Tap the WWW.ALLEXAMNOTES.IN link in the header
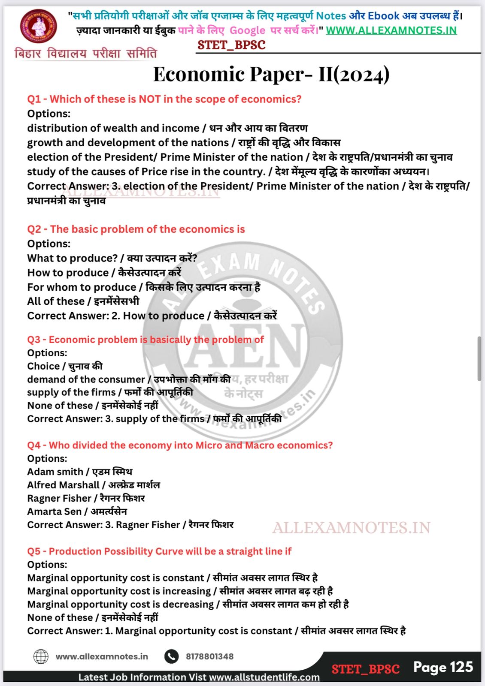tap(391, 30)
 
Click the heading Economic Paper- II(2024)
tap(271, 74)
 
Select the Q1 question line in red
tap(164, 99)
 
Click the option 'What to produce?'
tap(72, 258)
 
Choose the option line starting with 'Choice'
tap(64, 366)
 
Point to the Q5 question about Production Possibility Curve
tap(159, 551)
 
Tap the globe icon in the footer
tap(41, 656)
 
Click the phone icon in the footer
tap(171, 656)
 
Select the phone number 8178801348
tap(209, 656)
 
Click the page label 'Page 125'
tap(443, 667)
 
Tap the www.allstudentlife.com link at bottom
tap(264, 677)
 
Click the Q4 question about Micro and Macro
tap(180, 445)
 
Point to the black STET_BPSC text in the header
tap(231, 45)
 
